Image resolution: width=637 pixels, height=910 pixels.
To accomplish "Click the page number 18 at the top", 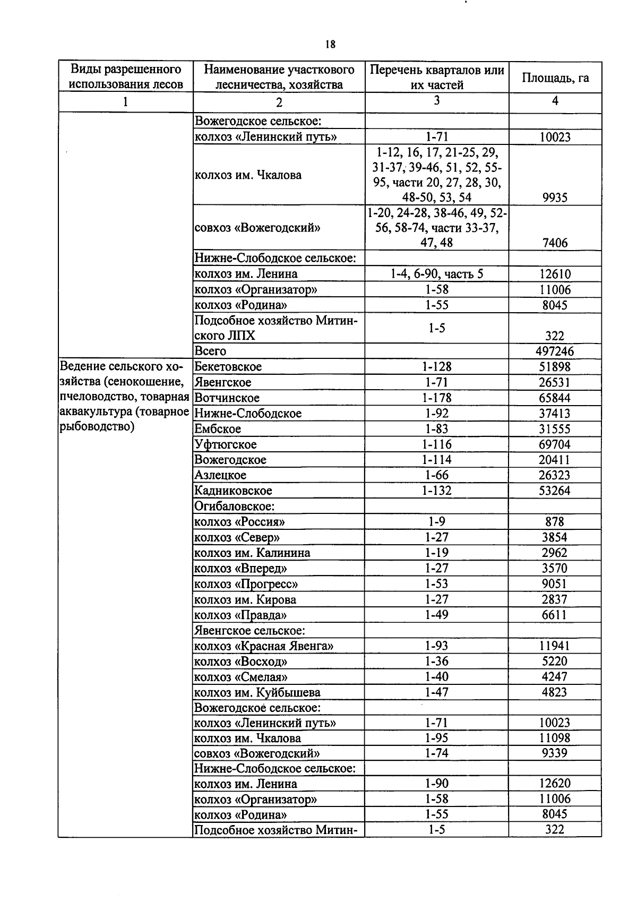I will point(330,45).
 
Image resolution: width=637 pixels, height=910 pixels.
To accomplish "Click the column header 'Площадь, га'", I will point(555,78).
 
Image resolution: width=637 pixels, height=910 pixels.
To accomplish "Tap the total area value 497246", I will point(555,351).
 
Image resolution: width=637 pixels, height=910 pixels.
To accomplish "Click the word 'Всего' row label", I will point(210,351).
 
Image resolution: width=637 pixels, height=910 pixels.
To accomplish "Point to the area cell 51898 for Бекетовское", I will point(555,367).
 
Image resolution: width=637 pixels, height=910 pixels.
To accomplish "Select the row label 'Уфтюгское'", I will point(226,444).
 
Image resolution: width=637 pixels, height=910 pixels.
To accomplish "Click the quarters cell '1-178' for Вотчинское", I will point(436,398).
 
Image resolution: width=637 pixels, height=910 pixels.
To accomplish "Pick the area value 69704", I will point(555,444).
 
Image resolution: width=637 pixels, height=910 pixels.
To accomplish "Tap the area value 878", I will point(555,522).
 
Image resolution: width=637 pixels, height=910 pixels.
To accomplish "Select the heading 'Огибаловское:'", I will point(234,506).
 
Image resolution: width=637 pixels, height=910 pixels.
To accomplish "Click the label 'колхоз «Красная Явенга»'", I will point(264,646).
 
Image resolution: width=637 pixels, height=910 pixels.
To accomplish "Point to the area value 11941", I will point(555,646).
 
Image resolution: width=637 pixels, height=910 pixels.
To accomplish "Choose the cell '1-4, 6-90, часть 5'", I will point(436,274).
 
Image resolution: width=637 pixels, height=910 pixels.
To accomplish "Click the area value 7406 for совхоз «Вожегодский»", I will point(555,243).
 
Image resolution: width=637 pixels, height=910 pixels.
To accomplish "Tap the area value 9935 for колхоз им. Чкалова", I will point(555,198).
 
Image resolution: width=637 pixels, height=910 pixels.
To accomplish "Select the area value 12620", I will point(555,784).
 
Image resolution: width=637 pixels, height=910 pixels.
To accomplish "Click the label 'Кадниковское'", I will point(233,491).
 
